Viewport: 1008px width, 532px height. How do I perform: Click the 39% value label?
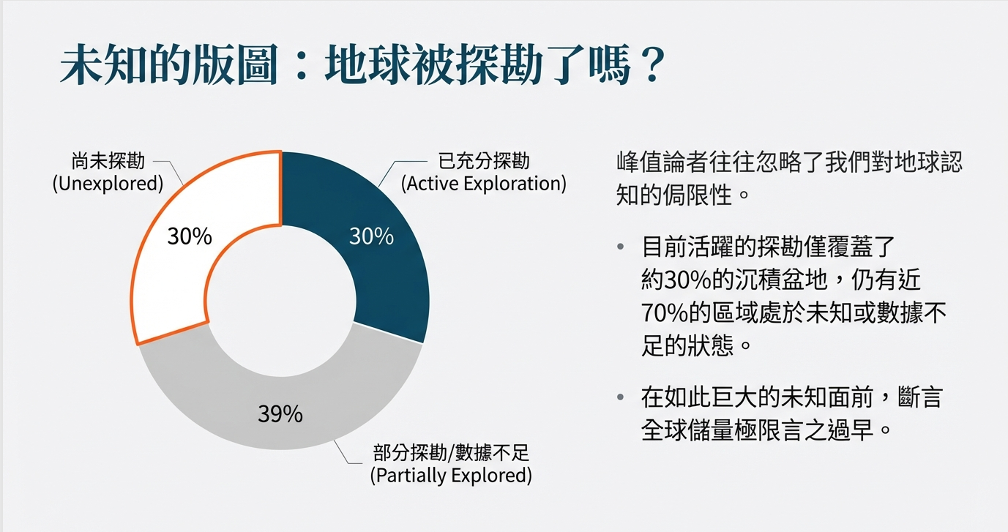(280, 413)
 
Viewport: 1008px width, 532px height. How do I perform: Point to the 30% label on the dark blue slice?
(371, 236)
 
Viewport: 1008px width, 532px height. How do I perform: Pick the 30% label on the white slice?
(190, 236)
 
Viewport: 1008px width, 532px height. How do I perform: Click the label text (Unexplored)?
(108, 184)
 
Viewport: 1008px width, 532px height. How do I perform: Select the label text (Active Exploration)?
(484, 184)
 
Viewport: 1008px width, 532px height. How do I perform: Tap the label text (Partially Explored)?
(451, 476)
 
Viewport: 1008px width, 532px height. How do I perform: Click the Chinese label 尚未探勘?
(108, 161)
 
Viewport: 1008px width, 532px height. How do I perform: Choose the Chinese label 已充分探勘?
(484, 161)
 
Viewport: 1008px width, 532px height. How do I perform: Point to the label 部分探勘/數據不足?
(451, 453)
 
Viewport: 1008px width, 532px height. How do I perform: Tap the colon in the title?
(302, 67)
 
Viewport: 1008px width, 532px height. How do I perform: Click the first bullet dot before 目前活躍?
(621, 247)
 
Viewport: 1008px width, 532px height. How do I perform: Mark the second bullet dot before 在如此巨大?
(621, 397)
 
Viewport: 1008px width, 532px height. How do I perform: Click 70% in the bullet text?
(664, 313)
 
